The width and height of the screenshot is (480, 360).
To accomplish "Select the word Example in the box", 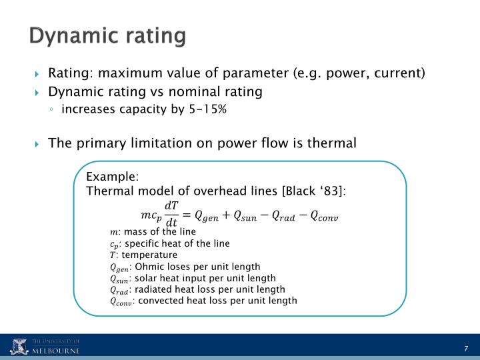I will (x=111, y=177).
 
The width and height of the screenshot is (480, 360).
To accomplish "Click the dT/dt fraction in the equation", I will (x=171, y=214).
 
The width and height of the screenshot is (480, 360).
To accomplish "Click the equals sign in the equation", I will (x=187, y=214).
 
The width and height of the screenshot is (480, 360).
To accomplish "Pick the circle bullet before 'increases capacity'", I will (x=52, y=110).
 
